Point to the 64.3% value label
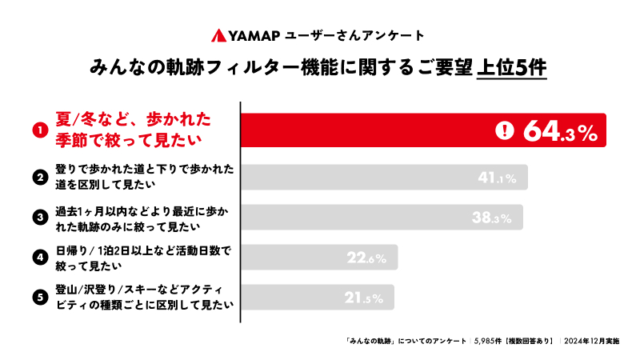pos(561,133)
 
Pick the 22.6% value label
pos(367,258)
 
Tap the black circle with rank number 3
pos(38,218)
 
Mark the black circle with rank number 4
pos(38,258)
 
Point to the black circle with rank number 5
pos(38,298)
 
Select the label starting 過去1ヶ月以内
pos(143,218)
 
